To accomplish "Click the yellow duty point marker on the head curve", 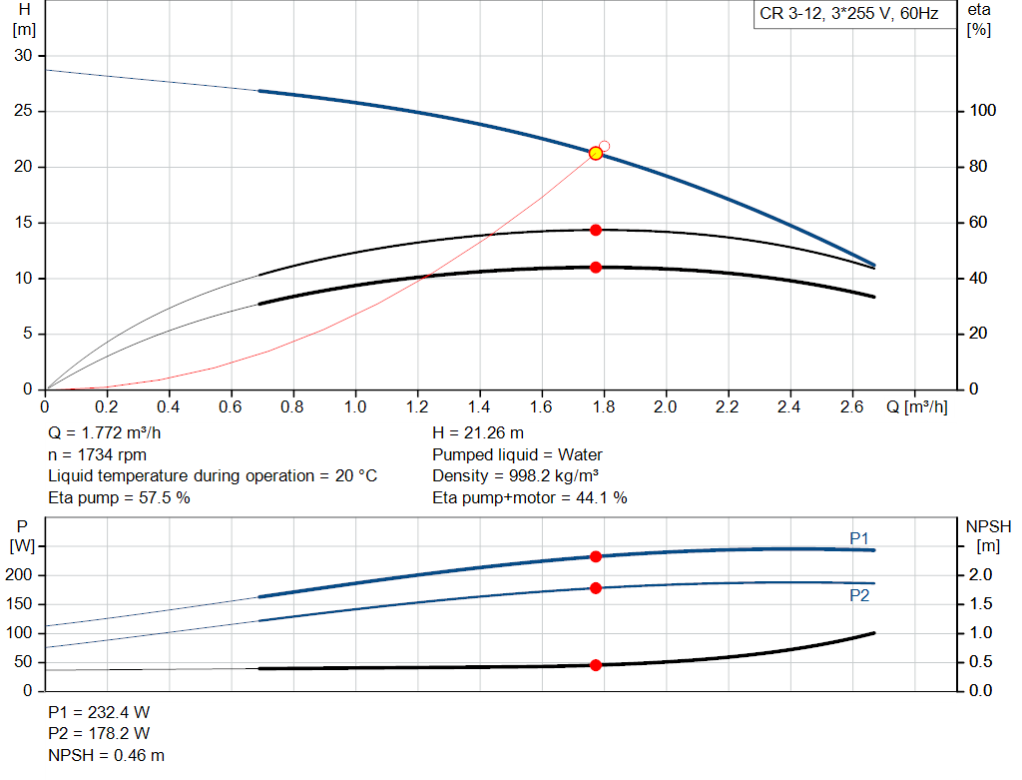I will tap(596, 153).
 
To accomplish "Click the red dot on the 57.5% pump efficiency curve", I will tap(596, 230).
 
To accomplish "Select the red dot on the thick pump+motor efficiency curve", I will tap(596, 267).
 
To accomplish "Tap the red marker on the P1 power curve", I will tap(596, 556).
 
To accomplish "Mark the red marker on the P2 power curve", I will tap(596, 587).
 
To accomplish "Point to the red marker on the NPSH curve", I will tap(596, 664).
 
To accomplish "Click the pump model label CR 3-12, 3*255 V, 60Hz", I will tap(849, 16).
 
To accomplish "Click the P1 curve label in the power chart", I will tap(859, 538).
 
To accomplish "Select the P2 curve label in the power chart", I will tap(859, 595).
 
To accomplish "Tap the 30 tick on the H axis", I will tap(23, 55).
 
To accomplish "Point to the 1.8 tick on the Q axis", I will tap(603, 406).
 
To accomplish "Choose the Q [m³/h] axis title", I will tap(916, 406).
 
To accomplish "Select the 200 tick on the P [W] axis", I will tap(21, 574).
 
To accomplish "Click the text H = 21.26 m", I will tap(477, 433).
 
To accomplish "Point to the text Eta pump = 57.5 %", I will tap(119, 496).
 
